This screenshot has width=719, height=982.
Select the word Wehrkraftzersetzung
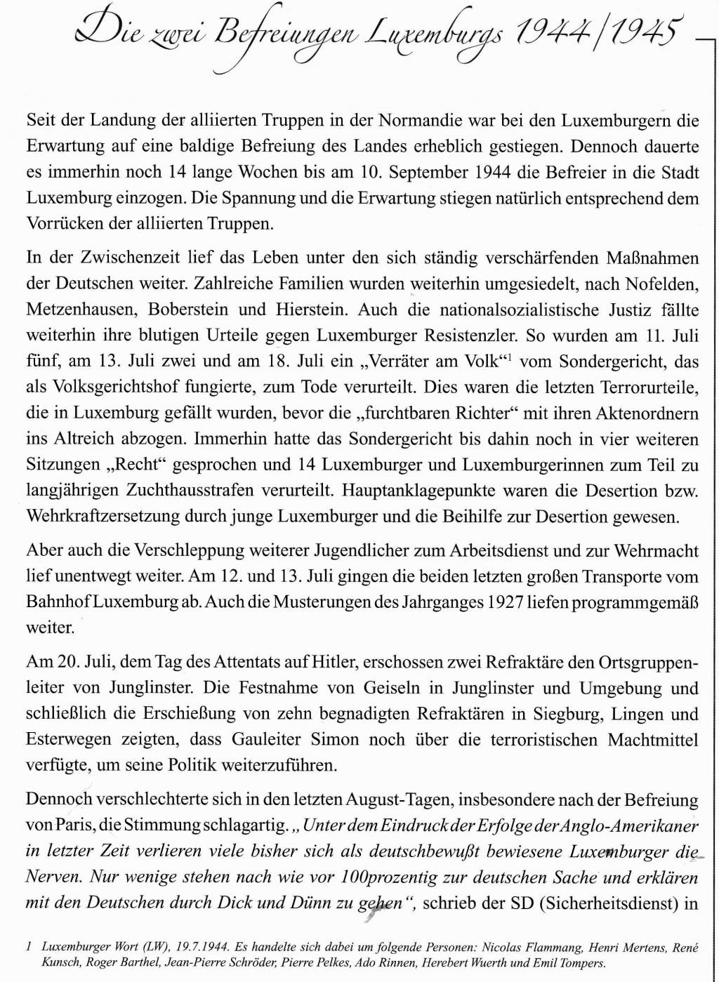103,517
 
